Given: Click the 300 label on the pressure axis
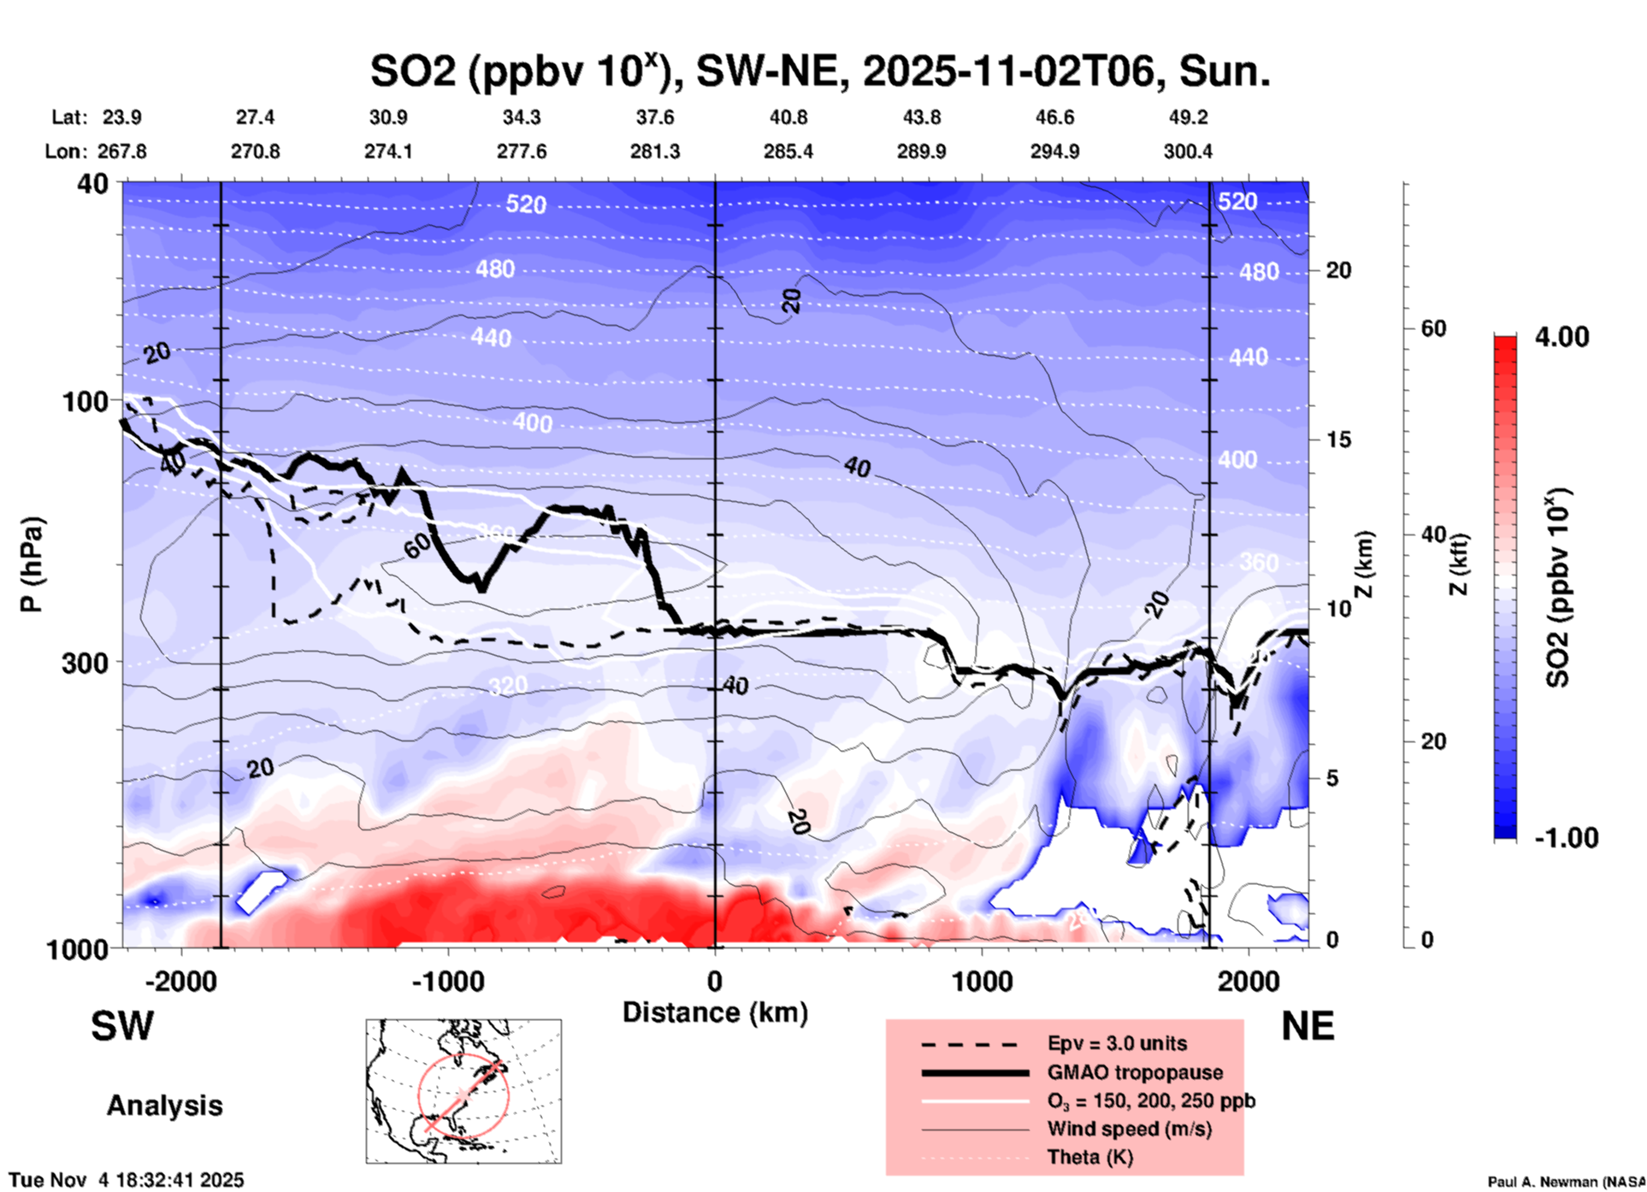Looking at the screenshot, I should click(x=85, y=663).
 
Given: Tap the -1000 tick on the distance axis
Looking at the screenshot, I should click(x=447, y=981).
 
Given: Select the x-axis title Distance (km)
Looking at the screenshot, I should click(x=715, y=1012).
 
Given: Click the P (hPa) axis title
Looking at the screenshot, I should click(x=32, y=564).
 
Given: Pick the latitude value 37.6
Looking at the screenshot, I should click(x=655, y=117).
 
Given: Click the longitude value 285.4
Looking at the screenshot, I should click(x=788, y=151).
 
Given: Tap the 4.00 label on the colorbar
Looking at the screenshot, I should click(x=1561, y=337).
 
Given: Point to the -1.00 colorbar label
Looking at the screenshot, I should click(x=1566, y=838).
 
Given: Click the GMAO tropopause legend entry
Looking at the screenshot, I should click(x=1135, y=1072).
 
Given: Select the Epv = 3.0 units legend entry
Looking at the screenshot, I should click(x=1117, y=1043).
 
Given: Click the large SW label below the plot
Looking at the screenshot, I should click(x=122, y=1026).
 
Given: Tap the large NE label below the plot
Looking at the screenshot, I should click(x=1308, y=1026).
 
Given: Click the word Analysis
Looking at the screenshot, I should click(x=164, y=1106).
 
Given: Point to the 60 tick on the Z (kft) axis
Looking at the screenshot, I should click(x=1433, y=328).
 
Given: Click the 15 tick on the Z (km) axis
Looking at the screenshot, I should click(x=1338, y=440).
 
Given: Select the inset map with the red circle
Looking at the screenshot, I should click(x=463, y=1091).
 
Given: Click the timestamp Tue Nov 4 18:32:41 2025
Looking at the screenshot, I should click(x=127, y=1180).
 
